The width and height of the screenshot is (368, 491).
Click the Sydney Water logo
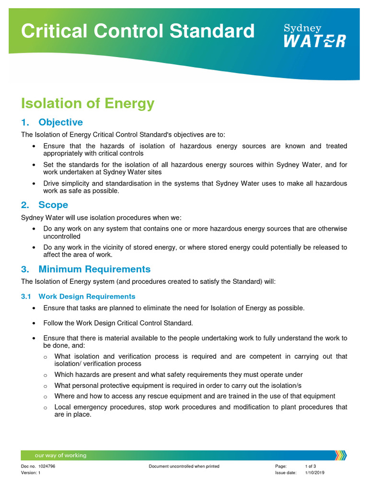coord(314,35)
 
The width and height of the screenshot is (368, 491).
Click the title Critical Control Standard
coord(138,31)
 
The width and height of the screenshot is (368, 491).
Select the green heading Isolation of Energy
coord(88,103)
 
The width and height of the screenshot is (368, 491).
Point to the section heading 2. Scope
coord(45,205)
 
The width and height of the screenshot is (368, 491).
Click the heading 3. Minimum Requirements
coord(86,269)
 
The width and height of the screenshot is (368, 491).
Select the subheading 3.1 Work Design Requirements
coord(78,296)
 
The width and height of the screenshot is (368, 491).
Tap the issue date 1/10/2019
coord(314,472)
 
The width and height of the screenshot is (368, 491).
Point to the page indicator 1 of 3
coord(310,466)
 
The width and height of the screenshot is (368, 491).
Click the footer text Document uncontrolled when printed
coord(184,466)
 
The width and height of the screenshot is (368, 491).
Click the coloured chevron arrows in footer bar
coord(340,455)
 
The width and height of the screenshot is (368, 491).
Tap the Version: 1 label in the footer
coord(31,472)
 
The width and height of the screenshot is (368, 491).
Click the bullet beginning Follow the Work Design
coord(118,323)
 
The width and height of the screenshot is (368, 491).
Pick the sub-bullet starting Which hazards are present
coord(178,374)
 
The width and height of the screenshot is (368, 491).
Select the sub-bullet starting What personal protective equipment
coord(178,386)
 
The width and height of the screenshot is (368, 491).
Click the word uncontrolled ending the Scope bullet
coord(62,236)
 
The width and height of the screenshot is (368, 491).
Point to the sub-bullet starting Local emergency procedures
coord(200,410)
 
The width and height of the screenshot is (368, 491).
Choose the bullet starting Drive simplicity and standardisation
coord(195,187)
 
